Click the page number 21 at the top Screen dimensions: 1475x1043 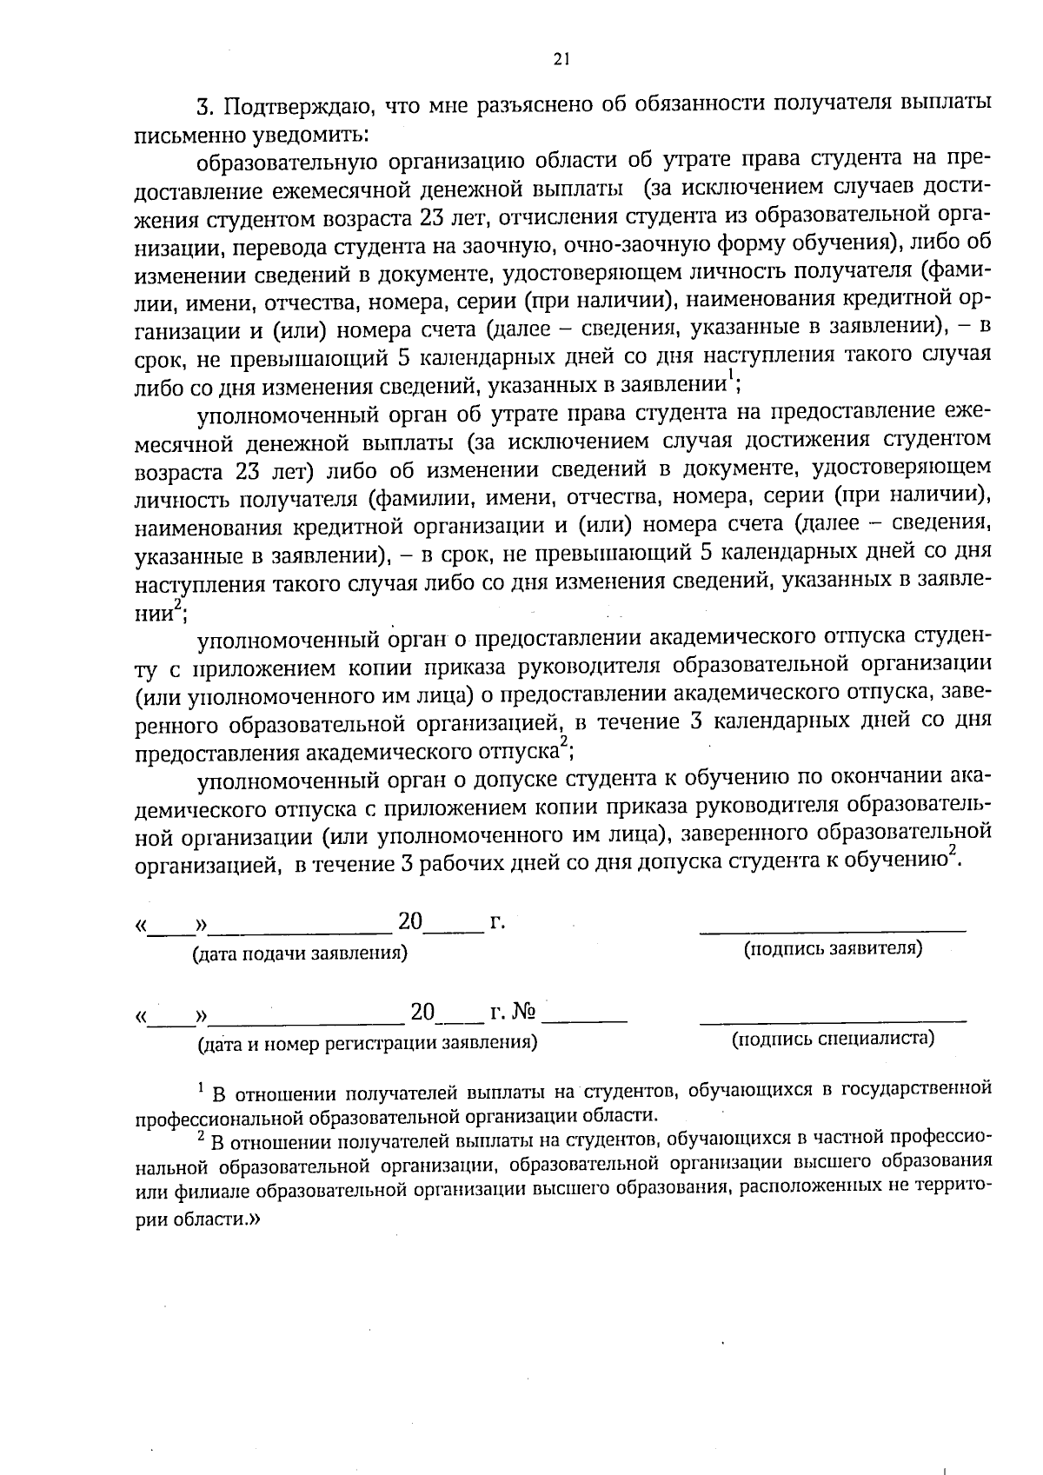click(561, 58)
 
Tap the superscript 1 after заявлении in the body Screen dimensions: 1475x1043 click(731, 377)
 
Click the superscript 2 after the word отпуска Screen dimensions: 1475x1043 click(563, 741)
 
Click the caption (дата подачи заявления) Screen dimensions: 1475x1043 click(300, 953)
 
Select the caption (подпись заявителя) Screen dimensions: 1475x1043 click(833, 947)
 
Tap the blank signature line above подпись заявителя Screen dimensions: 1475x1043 click(833, 930)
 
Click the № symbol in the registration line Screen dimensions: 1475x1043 click(525, 1012)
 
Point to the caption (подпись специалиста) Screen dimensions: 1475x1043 click(833, 1038)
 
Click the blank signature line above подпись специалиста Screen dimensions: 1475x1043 click(833, 1020)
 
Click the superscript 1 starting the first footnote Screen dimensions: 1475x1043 click(201, 1087)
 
